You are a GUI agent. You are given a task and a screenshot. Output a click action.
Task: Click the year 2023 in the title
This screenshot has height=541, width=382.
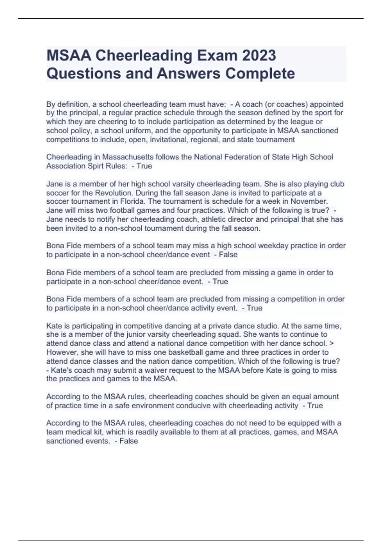259,56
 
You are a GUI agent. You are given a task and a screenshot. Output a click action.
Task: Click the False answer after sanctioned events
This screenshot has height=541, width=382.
129,441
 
